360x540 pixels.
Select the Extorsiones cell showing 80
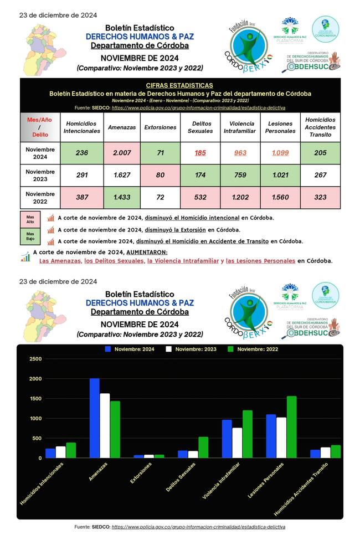pyautogui.click(x=160, y=175)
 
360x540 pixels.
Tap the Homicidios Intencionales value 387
pyautogui.click(x=81, y=198)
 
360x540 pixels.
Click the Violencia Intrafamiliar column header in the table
pyautogui.click(x=240, y=127)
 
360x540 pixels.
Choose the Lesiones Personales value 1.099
pyautogui.click(x=280, y=152)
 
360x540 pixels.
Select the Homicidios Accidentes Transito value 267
pyautogui.click(x=320, y=175)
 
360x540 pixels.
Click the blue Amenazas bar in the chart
pyautogui.click(x=95, y=418)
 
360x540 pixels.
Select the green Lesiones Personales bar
pyautogui.click(x=292, y=426)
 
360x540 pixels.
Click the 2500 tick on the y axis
pyautogui.click(x=35, y=359)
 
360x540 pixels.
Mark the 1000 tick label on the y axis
pyautogui.click(x=35, y=418)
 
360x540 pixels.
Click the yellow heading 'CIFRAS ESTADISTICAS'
pyautogui.click(x=179, y=85)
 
